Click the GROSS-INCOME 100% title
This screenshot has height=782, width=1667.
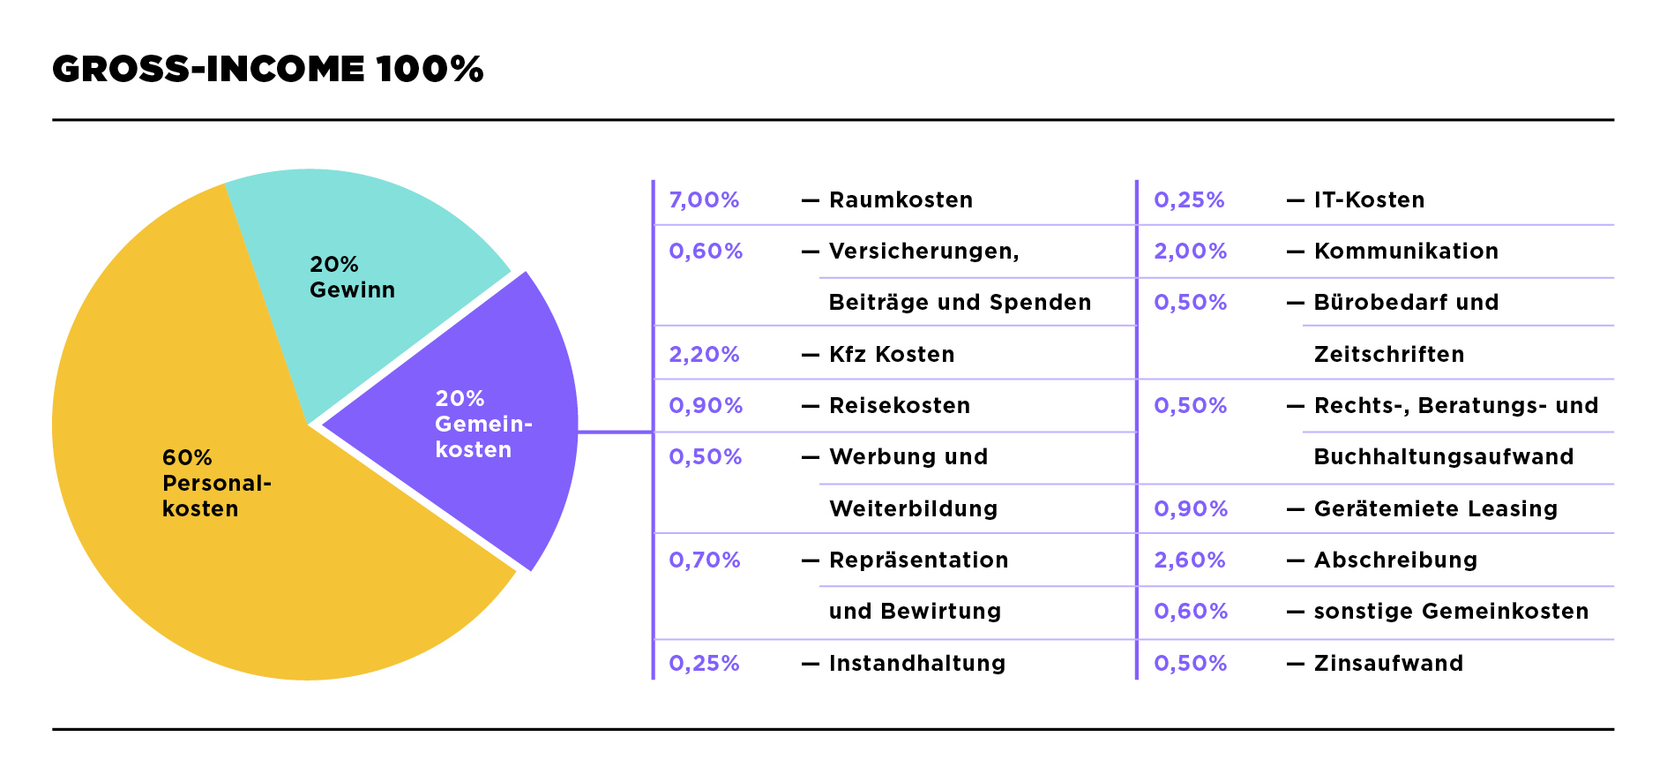pos(267,70)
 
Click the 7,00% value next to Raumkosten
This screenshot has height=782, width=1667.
pos(704,200)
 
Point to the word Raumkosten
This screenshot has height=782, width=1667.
pos(901,200)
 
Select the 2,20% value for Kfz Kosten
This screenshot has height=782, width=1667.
pos(704,355)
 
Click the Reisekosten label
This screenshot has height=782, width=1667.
pos(900,406)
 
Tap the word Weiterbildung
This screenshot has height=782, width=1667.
pos(913,509)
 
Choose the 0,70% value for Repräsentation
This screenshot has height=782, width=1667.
pos(704,560)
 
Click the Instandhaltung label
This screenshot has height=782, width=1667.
pos(917,664)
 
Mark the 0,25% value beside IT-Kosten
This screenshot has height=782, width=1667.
pos(1189,200)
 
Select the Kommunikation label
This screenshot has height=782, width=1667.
pos(1406,252)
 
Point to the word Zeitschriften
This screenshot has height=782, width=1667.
pos(1389,355)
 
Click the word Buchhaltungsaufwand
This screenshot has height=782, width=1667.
pos(1444,457)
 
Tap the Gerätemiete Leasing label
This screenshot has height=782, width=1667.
pos(1436,509)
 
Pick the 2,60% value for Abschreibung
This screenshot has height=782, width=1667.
pos(1189,560)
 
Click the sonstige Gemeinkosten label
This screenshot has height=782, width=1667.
pos(1451,612)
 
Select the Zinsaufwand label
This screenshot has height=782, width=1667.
pos(1388,664)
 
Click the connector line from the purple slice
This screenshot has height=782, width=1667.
pos(616,432)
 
